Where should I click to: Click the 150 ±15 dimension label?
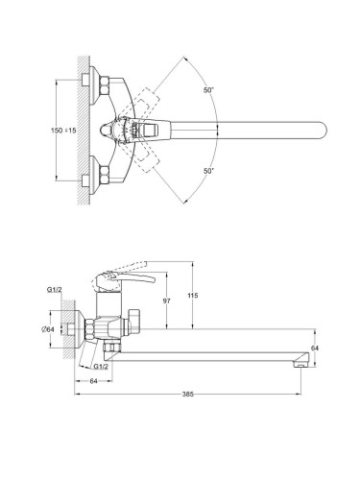pos(63,131)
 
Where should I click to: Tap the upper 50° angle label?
pos(208,90)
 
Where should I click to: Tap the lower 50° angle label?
pos(208,171)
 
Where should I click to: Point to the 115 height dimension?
pos(193,296)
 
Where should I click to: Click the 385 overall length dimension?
pos(188,395)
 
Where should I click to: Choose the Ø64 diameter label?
pos(48,329)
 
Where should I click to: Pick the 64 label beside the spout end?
pos(315,348)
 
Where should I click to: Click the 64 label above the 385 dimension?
pos(93,381)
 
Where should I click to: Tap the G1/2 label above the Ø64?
pos(55,290)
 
